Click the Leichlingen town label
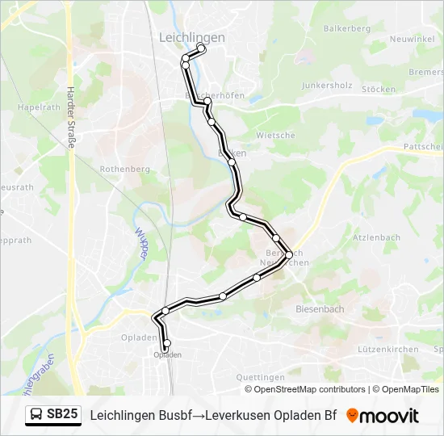click(x=192, y=37)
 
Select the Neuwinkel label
click(x=412, y=39)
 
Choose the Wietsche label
click(x=275, y=135)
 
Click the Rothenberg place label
click(x=124, y=169)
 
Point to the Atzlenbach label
click(x=376, y=237)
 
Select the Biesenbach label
click(x=320, y=309)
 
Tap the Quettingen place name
click(x=260, y=377)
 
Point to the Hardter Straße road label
click(x=71, y=116)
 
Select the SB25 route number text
click(x=63, y=415)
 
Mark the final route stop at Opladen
click(x=167, y=343)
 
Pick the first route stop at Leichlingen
click(x=201, y=49)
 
